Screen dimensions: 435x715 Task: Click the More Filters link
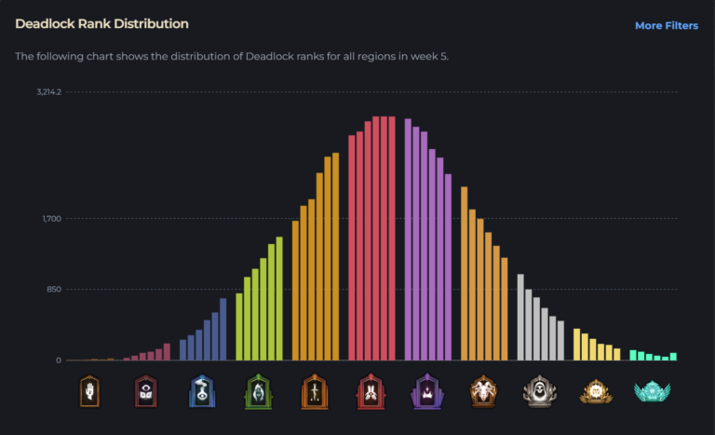click(666, 26)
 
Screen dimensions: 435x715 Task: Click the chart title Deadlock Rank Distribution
click(101, 23)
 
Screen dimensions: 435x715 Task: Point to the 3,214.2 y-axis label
click(49, 92)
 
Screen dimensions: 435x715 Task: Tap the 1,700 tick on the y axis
click(51, 219)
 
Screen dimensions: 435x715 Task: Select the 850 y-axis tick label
click(53, 290)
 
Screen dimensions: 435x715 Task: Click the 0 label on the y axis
click(58, 360)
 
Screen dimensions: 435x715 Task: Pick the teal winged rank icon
click(653, 391)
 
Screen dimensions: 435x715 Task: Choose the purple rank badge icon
click(427, 391)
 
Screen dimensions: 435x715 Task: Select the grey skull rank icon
click(540, 391)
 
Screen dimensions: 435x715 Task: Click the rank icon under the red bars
click(371, 391)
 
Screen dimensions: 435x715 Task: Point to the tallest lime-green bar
click(279, 299)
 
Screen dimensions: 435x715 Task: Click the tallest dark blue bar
click(223, 329)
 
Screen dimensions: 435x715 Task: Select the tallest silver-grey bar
click(520, 318)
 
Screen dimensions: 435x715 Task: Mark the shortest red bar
click(352, 248)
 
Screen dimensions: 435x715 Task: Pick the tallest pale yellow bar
click(577, 345)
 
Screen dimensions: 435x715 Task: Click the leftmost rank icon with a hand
click(89, 391)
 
